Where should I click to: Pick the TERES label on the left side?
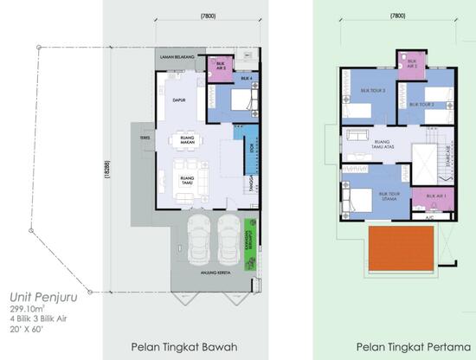point(136,137)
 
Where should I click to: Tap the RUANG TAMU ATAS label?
point(382,141)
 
